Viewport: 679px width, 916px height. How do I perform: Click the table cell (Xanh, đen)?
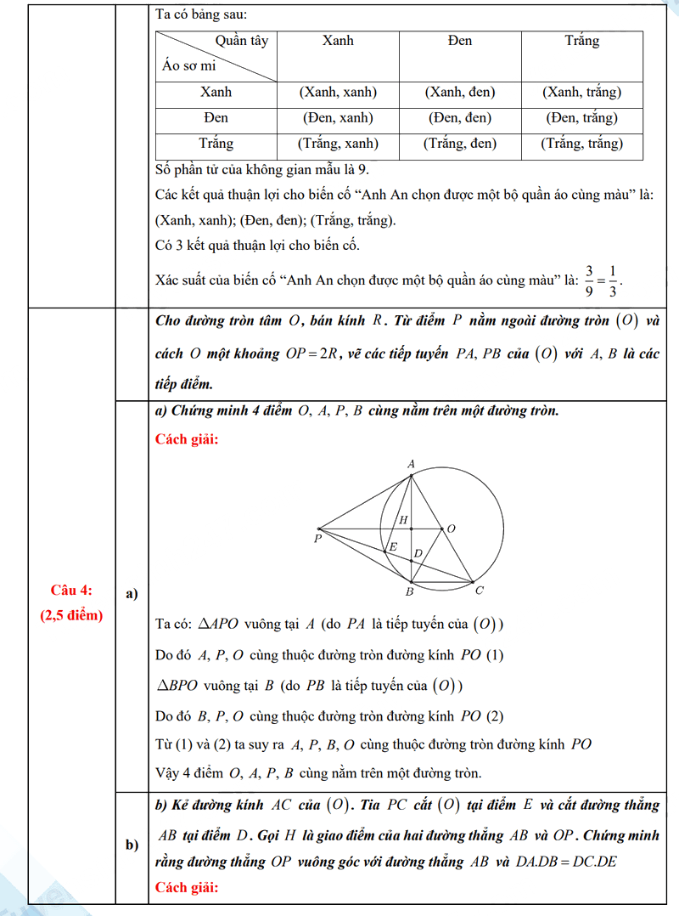coord(459,92)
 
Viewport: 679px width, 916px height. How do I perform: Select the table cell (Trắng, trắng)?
coord(581,144)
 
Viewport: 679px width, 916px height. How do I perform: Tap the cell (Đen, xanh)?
coord(338,118)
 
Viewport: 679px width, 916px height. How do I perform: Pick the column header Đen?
coord(459,41)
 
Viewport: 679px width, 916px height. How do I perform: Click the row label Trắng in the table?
coord(216,144)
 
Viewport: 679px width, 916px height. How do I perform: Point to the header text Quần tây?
coord(241,41)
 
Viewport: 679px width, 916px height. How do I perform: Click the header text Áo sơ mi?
coord(188,65)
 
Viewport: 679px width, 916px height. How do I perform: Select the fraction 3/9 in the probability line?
coord(589,278)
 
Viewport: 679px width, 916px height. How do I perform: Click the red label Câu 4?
coord(71,591)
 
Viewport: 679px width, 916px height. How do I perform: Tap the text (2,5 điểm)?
coord(71,615)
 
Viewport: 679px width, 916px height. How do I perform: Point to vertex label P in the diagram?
coord(317,539)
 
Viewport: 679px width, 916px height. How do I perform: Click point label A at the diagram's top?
coord(411,464)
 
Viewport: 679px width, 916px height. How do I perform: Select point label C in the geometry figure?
coord(480,591)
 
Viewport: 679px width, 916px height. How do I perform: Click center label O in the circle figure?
coord(451,529)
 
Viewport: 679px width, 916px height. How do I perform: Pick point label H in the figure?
coord(403,519)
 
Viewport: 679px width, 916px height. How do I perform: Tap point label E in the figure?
coord(392,547)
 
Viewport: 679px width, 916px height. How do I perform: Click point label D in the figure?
coord(417,554)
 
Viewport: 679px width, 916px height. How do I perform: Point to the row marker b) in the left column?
coord(132,845)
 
